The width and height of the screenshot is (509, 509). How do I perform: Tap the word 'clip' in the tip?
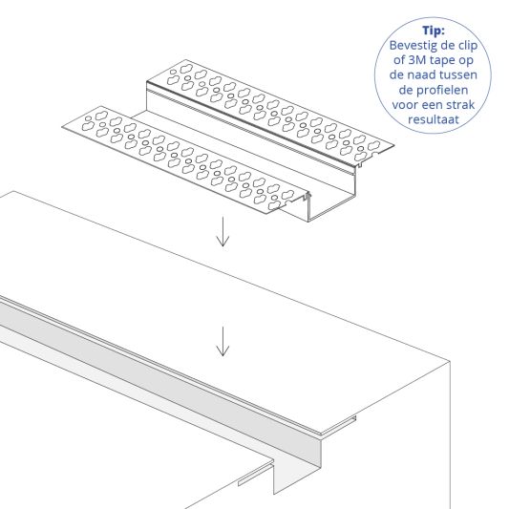tap(474, 45)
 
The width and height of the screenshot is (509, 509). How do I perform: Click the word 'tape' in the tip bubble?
tap(442, 61)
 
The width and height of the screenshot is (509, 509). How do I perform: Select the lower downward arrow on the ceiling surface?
tap(223, 341)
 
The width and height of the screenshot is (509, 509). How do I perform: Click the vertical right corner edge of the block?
tap(449, 430)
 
